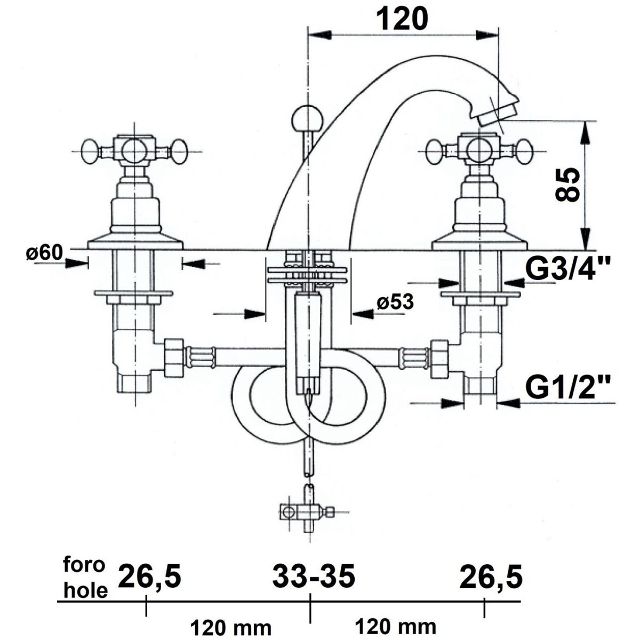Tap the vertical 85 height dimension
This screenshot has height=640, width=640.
(x=567, y=185)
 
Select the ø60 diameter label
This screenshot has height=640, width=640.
(x=44, y=253)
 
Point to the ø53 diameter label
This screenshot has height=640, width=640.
(x=395, y=302)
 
